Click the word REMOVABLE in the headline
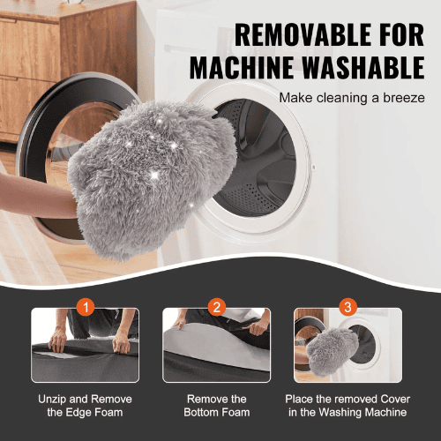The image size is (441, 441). [303, 34]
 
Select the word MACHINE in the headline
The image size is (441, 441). [241, 67]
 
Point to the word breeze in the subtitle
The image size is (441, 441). [404, 98]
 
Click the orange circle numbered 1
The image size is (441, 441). [86, 307]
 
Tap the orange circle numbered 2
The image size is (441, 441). [217, 307]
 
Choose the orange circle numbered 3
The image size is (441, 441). [348, 307]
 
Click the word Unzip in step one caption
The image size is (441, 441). [52, 400]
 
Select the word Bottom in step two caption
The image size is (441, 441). [198, 413]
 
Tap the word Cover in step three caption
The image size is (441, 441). [395, 400]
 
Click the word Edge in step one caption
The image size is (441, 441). [78, 413]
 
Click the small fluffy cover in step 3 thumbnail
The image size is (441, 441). [332, 352]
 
